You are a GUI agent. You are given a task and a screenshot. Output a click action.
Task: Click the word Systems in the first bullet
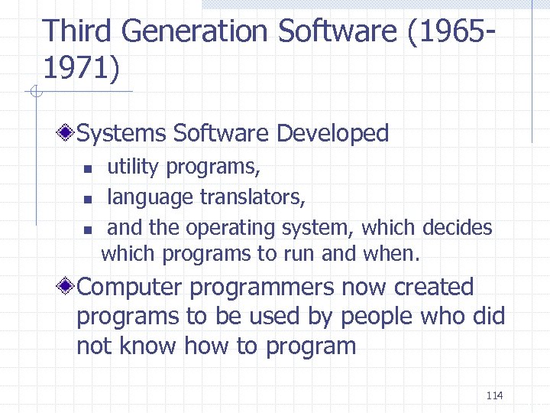coord(122,133)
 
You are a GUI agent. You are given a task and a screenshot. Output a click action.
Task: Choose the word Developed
coord(332,133)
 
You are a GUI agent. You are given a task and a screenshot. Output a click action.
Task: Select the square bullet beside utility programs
coord(87,167)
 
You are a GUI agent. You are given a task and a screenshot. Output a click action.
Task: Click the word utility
coord(133,166)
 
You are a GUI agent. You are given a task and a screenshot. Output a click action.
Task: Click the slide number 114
coord(494,395)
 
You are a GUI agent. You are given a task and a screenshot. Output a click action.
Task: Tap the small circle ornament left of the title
coord(34,93)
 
